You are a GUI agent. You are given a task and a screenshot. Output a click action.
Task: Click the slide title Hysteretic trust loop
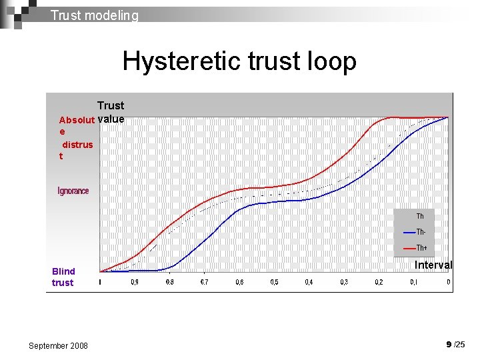point(239,61)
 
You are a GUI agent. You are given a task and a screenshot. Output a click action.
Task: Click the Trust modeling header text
point(95,15)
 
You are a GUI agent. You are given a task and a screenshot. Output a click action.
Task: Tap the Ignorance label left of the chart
point(73,191)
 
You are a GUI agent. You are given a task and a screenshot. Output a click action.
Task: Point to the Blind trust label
point(64,277)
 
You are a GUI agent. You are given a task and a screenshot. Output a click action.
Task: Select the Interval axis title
point(433,265)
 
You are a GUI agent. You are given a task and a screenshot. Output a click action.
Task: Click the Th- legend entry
point(420,232)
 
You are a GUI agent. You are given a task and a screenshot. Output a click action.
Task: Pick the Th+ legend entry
point(421,248)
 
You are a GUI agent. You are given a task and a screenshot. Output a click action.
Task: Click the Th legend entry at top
point(420,216)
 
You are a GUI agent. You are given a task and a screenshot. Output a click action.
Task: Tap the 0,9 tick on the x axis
point(135,283)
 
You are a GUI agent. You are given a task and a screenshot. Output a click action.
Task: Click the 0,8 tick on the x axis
point(169,283)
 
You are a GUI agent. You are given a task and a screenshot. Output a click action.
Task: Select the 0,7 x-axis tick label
point(205,283)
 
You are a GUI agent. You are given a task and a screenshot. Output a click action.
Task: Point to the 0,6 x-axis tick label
point(239,283)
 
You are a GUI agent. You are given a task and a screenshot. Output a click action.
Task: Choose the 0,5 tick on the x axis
point(274,283)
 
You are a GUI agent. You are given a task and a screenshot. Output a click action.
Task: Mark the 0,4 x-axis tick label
point(309,283)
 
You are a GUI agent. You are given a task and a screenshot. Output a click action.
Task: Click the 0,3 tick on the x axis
point(344,283)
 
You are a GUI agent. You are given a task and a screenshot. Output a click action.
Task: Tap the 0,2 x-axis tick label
point(379,283)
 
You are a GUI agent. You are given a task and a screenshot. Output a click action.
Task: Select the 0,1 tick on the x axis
point(414,283)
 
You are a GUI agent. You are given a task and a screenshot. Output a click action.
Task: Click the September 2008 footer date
point(58,345)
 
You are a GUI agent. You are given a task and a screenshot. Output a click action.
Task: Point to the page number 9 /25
point(456,345)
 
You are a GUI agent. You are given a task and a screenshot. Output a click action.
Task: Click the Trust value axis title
point(111,112)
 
